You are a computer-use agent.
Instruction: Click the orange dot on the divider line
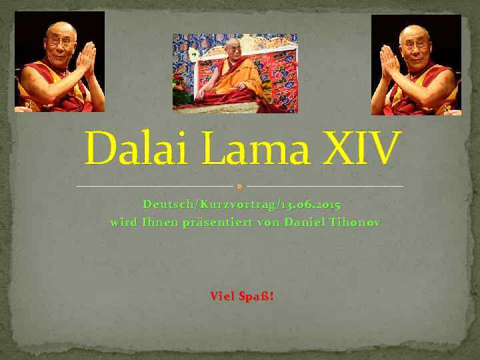pyautogui.click(x=239, y=186)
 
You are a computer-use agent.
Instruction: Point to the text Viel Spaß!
pyautogui.click(x=241, y=296)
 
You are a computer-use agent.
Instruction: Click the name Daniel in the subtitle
pyautogui.click(x=305, y=223)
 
